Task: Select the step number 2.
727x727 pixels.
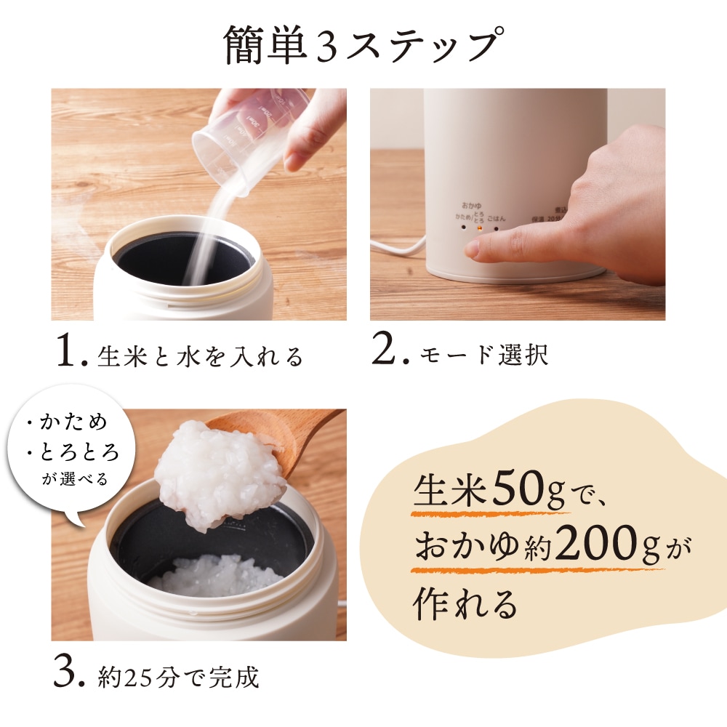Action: [x=386, y=352]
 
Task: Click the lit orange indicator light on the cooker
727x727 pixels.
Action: [x=478, y=226]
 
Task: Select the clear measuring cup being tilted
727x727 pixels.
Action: [x=240, y=138]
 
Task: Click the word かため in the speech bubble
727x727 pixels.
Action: [x=76, y=422]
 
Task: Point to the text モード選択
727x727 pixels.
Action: [x=483, y=356]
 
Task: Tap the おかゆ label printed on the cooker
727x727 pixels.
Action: [x=472, y=206]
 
